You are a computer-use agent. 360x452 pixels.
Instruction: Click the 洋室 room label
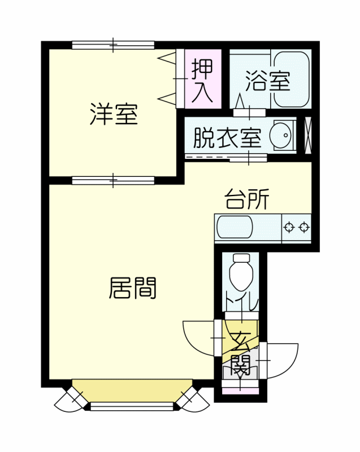click(x=114, y=114)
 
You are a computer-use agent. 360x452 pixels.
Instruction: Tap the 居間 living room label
click(x=133, y=288)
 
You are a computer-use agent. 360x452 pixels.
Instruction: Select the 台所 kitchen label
click(x=247, y=199)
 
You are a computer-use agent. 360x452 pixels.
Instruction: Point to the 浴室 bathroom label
click(x=267, y=80)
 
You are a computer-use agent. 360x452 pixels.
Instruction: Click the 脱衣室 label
click(x=227, y=138)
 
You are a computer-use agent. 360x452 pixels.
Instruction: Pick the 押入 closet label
click(x=202, y=80)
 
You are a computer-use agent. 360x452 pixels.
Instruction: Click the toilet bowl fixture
click(x=241, y=272)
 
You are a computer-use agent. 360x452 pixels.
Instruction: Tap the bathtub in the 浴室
click(x=292, y=80)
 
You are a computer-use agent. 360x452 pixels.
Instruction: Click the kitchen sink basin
click(x=235, y=227)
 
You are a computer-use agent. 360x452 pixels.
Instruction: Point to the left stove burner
click(x=289, y=227)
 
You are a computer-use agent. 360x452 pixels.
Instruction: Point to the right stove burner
click(x=304, y=227)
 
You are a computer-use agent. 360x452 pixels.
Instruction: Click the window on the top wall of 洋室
click(x=113, y=45)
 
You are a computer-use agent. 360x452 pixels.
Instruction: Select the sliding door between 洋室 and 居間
click(x=113, y=180)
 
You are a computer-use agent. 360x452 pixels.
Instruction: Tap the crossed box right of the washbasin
click(x=308, y=135)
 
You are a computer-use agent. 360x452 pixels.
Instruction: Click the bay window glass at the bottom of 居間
click(x=132, y=406)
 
